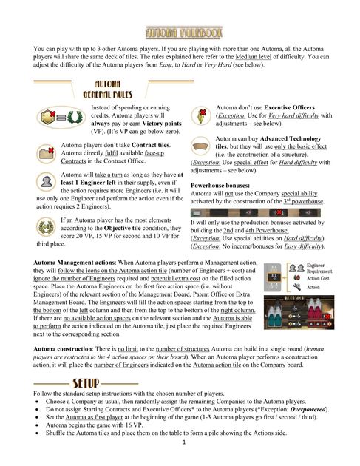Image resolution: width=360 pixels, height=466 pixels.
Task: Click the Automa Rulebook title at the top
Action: (x=180, y=34)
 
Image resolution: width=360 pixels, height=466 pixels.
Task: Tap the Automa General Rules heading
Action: (x=112, y=90)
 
